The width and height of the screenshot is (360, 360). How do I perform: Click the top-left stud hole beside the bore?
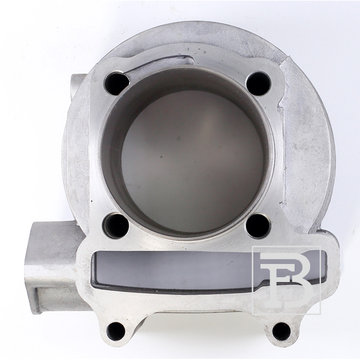(x=116, y=83)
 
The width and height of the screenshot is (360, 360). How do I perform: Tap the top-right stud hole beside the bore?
(x=258, y=83)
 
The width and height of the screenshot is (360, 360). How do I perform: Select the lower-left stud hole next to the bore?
(x=115, y=226)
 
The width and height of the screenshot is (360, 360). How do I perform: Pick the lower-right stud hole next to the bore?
(x=258, y=226)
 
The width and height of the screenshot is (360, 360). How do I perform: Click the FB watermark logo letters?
(x=287, y=281)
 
